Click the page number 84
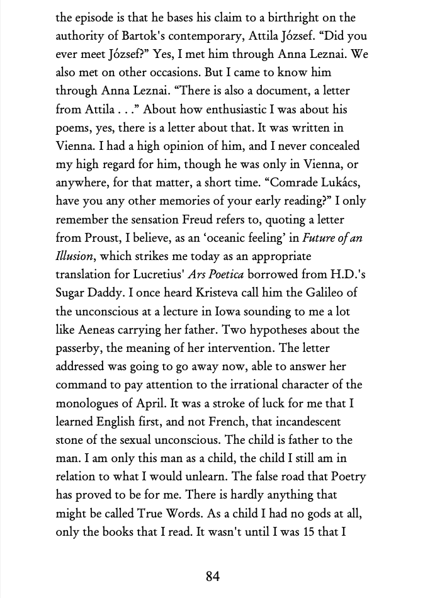tap(213, 576)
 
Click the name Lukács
tap(329, 183)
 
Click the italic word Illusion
tap(74, 256)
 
